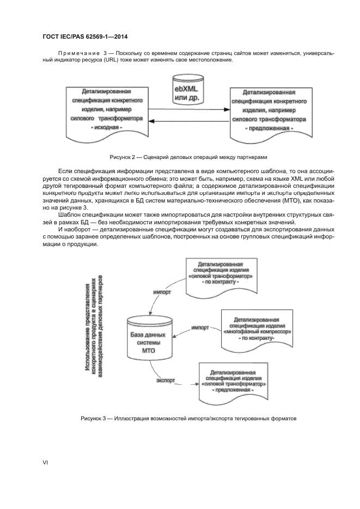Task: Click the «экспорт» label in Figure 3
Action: coord(165,380)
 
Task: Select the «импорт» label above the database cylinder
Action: coord(162,292)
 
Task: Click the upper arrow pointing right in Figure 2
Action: coord(188,110)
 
